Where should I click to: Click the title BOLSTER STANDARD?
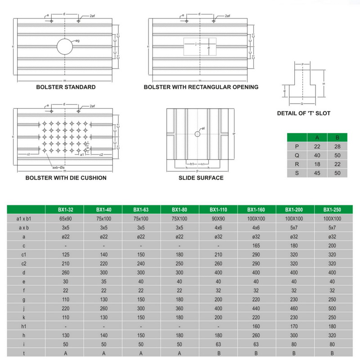coord(66,87)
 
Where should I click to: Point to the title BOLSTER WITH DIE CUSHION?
coord(66,178)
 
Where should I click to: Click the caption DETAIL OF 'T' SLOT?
coord(304,113)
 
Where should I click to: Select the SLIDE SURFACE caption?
coord(201,178)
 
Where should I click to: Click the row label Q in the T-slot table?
coord(297,155)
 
